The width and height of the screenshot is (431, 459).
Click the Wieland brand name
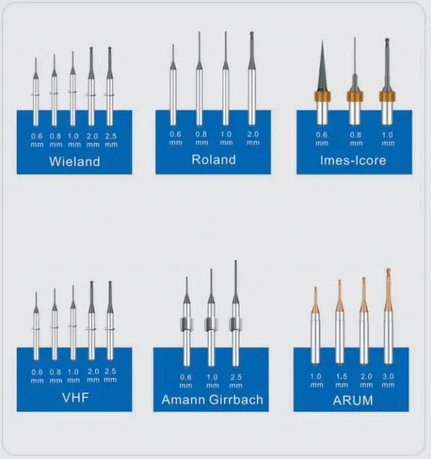(74, 162)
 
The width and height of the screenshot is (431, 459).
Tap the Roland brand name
(213, 160)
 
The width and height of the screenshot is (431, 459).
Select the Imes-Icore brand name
(353, 161)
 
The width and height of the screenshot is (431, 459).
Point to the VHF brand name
(74, 396)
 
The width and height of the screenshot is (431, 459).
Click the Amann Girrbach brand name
(212, 400)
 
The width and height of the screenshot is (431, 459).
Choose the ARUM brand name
(351, 400)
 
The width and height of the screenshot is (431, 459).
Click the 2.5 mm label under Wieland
(111, 140)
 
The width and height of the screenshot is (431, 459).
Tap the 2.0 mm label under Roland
(253, 138)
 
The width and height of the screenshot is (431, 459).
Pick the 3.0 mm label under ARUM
(388, 380)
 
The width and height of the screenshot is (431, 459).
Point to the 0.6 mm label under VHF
(37, 375)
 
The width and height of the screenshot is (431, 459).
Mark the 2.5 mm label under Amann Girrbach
(235, 380)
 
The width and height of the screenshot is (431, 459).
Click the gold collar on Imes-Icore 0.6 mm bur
(323, 96)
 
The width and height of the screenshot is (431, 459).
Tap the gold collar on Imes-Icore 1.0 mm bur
(386, 96)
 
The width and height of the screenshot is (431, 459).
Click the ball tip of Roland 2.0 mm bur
(252, 34)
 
